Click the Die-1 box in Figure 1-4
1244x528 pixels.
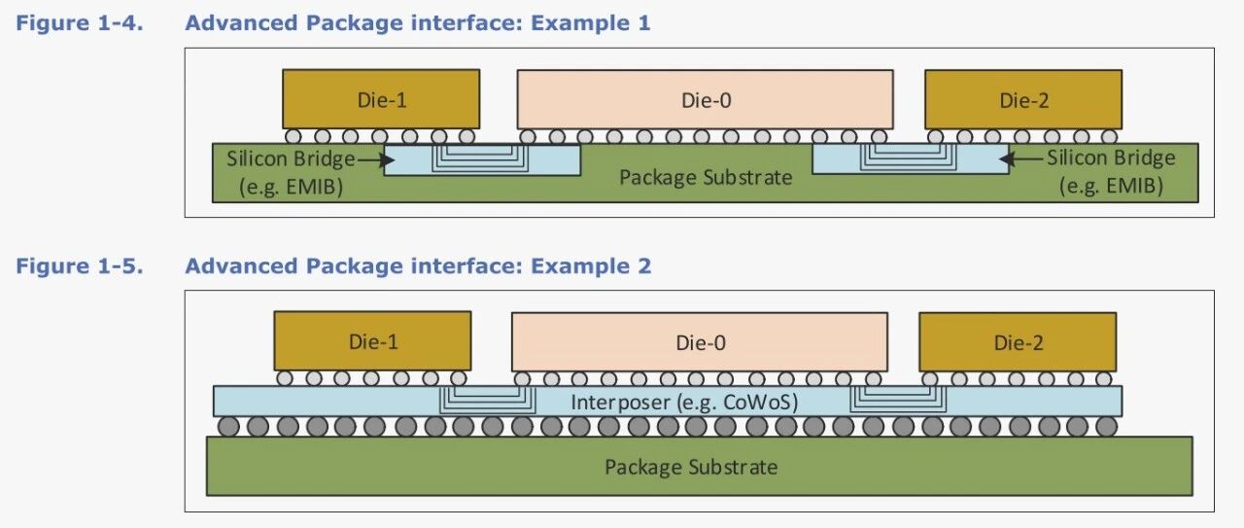381,99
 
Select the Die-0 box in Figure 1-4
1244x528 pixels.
705,99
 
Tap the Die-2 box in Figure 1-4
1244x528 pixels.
1022,99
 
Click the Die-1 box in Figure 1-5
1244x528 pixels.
373,341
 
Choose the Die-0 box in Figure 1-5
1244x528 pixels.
700,341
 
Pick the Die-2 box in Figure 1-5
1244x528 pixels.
1017,341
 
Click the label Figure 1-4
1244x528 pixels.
80,22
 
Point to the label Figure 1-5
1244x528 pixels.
80,265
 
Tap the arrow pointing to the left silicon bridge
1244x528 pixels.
370,158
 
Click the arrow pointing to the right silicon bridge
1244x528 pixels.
1025,158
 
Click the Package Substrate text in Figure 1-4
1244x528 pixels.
706,177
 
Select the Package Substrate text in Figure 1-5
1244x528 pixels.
691,467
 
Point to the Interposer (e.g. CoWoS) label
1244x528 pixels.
684,402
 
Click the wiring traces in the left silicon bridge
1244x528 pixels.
482,157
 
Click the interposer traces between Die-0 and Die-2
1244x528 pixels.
900,398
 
